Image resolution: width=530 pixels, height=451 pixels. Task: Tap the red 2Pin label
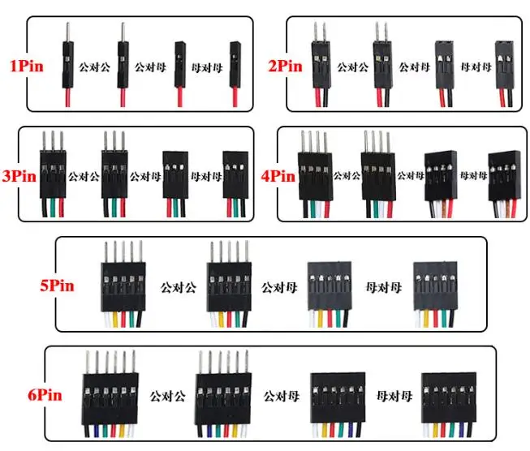tap(286, 64)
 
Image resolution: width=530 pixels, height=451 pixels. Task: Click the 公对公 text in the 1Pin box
tap(94, 64)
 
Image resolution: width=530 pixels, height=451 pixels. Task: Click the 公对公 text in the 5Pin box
tap(179, 286)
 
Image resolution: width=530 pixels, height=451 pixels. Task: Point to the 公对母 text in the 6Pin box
tap(279, 397)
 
